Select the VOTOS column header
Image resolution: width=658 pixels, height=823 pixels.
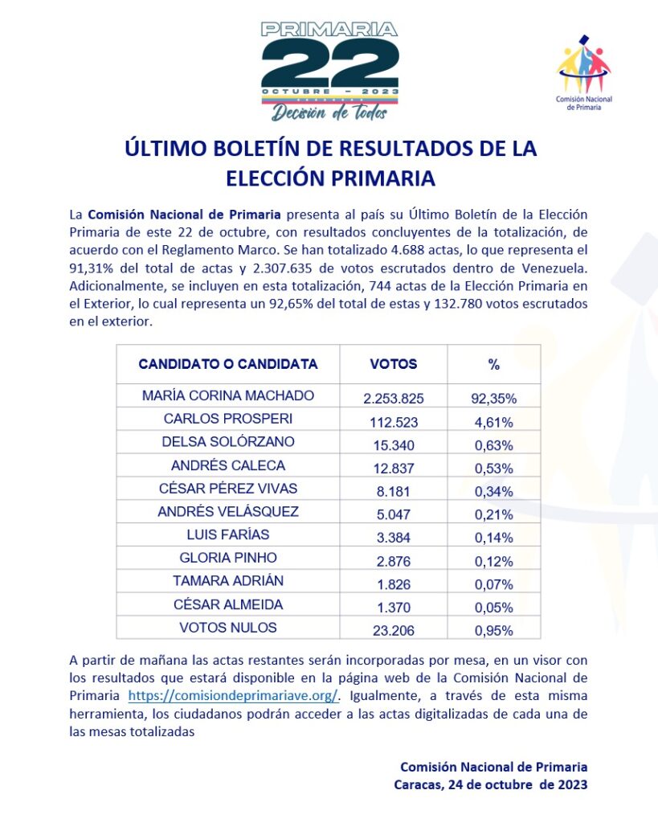(x=393, y=364)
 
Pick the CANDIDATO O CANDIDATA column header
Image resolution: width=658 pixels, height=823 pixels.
(x=228, y=364)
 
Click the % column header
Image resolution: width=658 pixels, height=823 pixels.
(x=493, y=364)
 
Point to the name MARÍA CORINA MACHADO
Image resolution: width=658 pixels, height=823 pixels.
(x=228, y=396)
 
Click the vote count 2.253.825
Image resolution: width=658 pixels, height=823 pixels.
(x=393, y=398)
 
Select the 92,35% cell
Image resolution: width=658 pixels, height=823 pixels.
(x=493, y=398)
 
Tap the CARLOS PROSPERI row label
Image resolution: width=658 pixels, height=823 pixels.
(x=228, y=419)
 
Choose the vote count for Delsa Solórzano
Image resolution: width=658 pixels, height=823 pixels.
(x=393, y=444)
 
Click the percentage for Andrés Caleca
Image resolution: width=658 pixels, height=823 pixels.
(x=493, y=467)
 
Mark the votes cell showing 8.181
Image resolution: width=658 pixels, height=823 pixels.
(x=393, y=490)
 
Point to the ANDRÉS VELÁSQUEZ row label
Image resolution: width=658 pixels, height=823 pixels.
(x=228, y=511)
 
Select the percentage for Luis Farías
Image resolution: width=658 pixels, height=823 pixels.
(x=493, y=537)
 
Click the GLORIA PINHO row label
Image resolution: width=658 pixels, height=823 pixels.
(x=228, y=558)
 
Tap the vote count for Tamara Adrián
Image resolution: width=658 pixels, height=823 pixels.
(x=393, y=583)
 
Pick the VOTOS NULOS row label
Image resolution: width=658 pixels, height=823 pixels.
(x=228, y=628)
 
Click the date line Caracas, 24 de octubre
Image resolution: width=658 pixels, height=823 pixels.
(x=490, y=784)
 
